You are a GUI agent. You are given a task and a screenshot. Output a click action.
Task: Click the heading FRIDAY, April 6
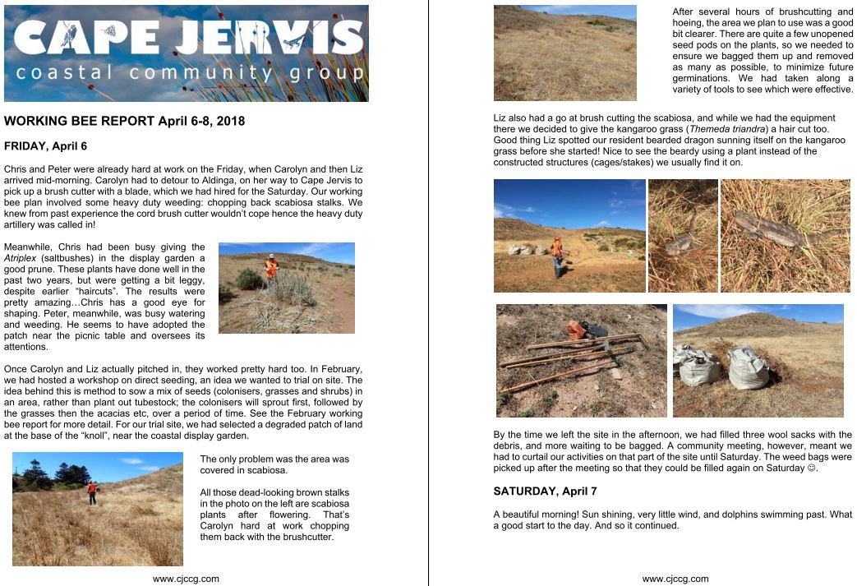45,146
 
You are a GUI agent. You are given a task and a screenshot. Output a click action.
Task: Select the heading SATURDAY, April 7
545,491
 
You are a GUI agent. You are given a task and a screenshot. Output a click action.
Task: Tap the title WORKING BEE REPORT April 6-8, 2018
124,121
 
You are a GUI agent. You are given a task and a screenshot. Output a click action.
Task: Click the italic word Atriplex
21,258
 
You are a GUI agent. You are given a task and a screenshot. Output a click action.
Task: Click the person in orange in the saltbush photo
270,267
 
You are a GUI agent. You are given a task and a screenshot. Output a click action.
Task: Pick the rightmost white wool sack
749,369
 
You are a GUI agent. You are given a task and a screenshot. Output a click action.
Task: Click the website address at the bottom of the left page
187,579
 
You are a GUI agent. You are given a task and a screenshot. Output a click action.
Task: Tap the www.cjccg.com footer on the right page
675,579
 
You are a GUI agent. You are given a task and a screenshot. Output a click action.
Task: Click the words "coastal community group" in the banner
189,73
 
